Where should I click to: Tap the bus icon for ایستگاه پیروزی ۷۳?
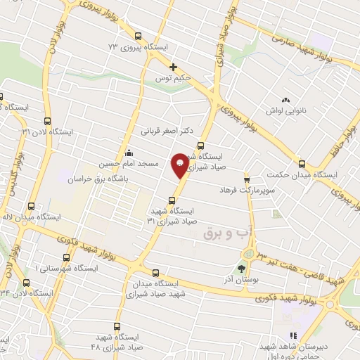point(139,36)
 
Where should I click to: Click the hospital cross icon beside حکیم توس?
point(173,67)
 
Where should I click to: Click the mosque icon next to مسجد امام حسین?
point(128,153)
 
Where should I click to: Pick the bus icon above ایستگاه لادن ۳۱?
point(48,120)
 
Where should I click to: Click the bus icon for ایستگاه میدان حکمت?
point(302,163)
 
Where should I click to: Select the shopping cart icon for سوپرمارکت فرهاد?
point(247,179)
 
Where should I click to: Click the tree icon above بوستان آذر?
point(242,268)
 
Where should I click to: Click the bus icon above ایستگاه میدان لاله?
point(31,206)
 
